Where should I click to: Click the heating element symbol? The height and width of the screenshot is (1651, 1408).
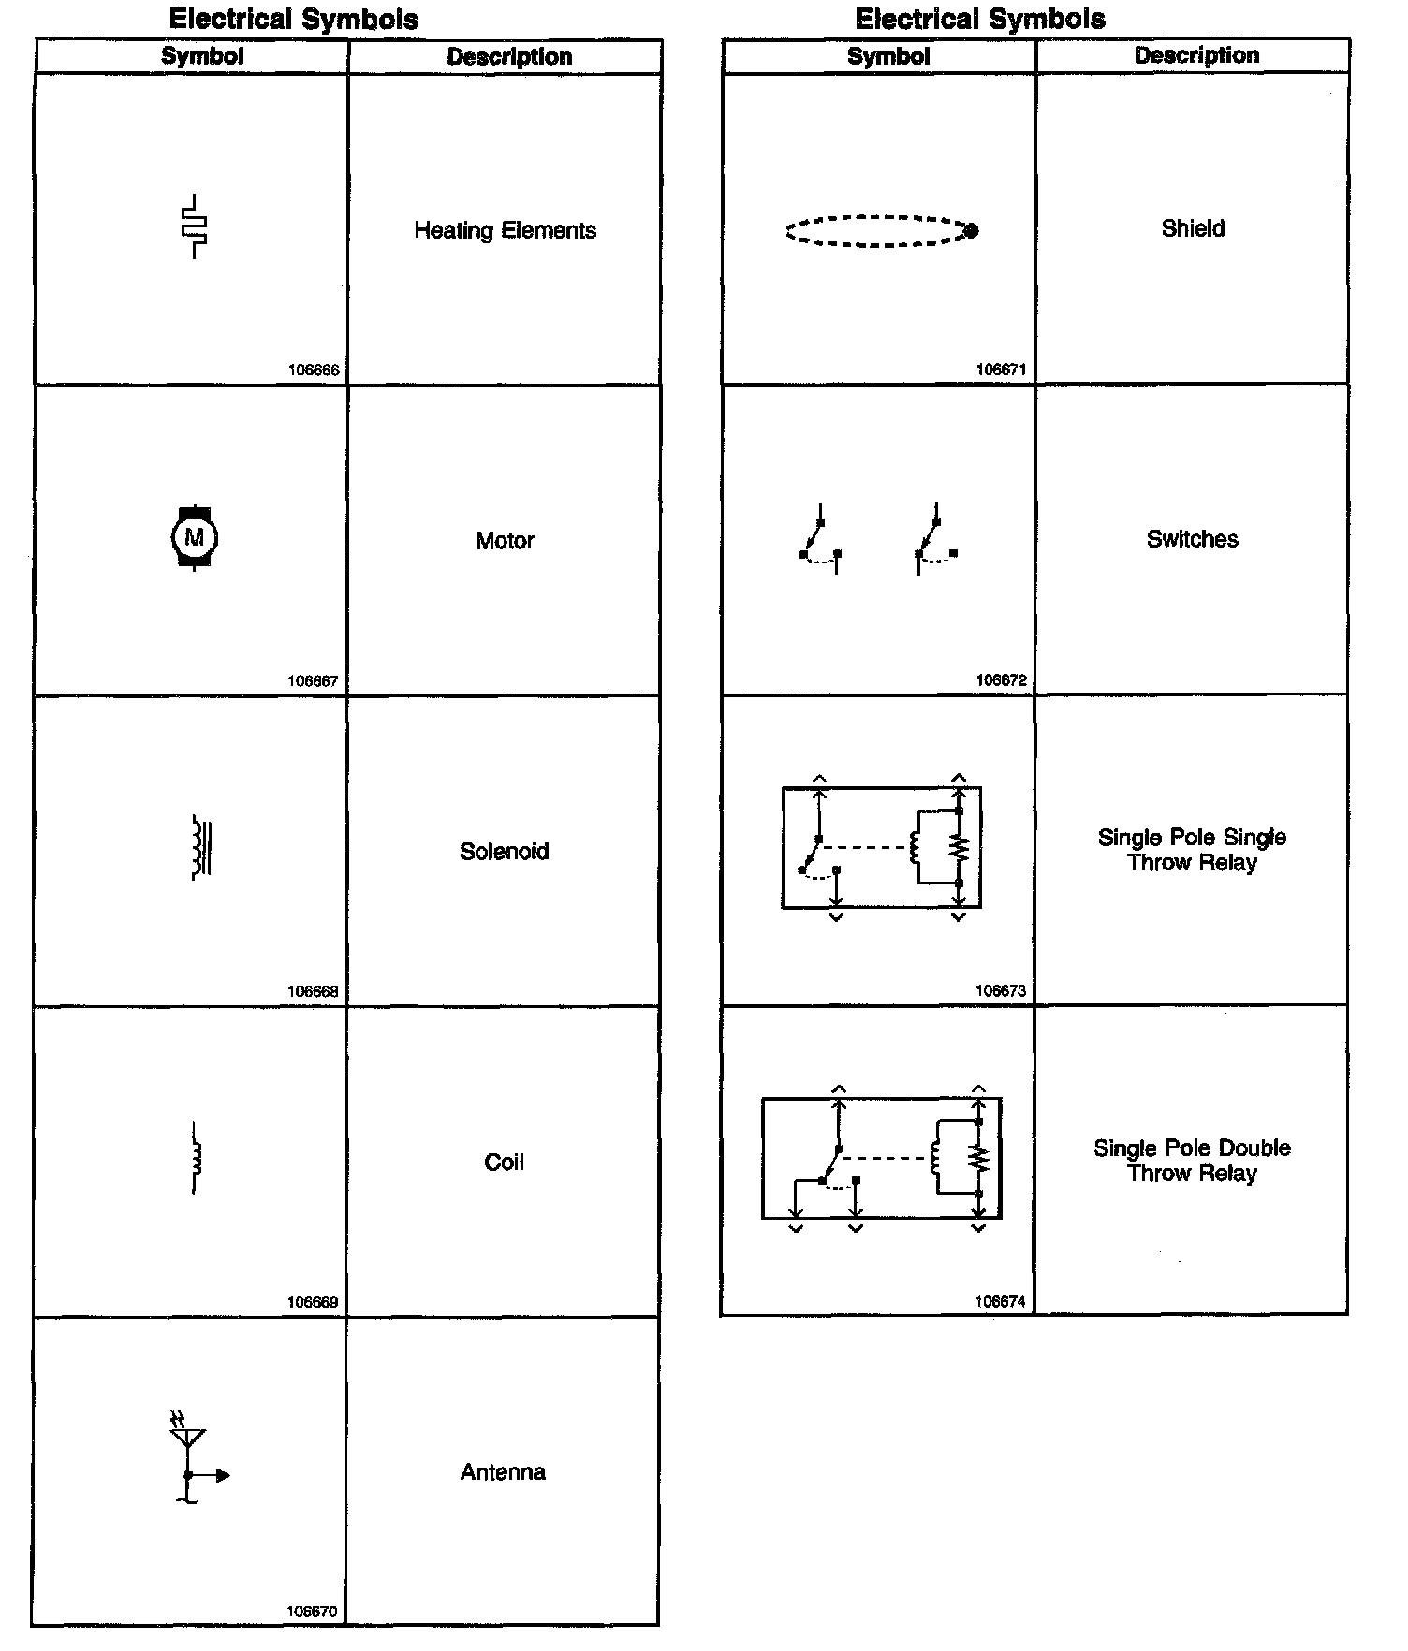tap(195, 226)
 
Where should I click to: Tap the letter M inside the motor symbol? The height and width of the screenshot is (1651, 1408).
tap(195, 537)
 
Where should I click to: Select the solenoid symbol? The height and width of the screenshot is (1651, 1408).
tap(200, 848)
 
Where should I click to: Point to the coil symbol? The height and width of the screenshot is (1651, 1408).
tap(196, 1159)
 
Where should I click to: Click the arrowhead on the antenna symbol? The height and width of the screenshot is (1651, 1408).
tap(223, 1476)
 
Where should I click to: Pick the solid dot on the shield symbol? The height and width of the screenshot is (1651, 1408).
tap(971, 230)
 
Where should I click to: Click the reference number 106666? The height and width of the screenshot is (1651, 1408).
tap(314, 370)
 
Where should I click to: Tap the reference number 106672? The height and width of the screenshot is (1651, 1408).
tap(1001, 680)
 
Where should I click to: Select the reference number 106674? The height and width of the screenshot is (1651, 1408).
tap(1000, 1301)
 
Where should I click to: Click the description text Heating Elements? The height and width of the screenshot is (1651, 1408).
tap(505, 230)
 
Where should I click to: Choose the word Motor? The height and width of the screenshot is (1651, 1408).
tap(505, 541)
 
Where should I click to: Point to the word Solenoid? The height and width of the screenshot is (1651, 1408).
tap(504, 852)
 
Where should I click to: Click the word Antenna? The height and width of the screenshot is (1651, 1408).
tap(503, 1472)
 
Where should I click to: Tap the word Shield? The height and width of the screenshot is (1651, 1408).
tap(1193, 228)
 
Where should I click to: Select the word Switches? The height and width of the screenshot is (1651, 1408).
tap(1193, 539)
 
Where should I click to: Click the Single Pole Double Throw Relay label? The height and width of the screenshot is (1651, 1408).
tap(1192, 1161)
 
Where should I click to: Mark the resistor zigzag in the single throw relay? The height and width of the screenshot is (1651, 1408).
tap(959, 848)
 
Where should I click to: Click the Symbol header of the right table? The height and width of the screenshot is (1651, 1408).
tap(888, 56)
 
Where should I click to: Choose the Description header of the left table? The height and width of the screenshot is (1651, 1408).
tap(509, 57)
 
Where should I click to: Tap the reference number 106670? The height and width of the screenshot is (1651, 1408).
tap(312, 1612)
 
